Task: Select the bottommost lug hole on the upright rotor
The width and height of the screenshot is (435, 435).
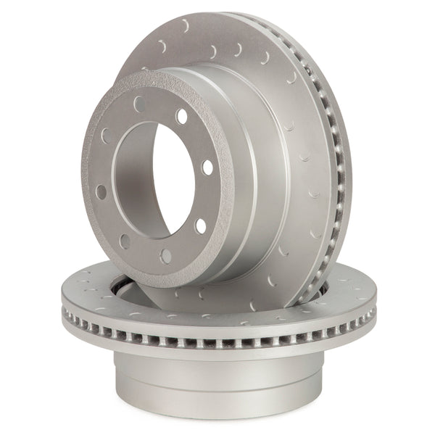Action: [166, 256]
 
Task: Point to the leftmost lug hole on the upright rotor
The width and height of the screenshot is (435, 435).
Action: [101, 192]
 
